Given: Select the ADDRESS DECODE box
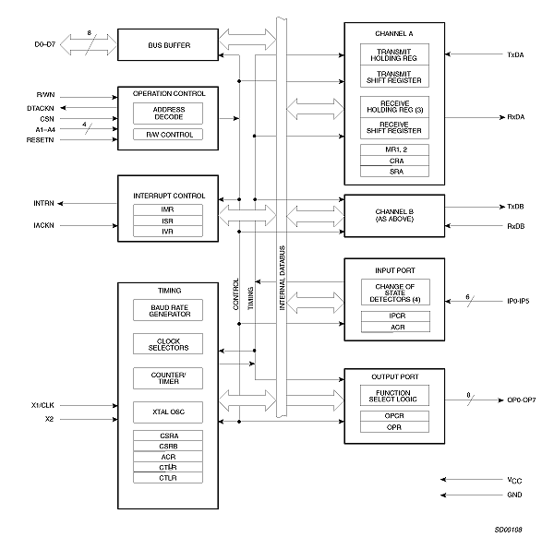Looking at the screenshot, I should pos(169,113).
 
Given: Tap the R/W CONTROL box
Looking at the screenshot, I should pos(169,135).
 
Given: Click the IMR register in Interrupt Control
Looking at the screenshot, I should pos(168,209).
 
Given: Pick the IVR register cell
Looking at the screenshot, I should pos(168,231).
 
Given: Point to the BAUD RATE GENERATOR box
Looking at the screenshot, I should pos(168,310).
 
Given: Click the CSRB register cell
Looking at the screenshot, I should pos(168,445).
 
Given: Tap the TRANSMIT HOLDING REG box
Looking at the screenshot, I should pos(394,55).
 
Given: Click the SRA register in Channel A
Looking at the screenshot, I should pos(394,171).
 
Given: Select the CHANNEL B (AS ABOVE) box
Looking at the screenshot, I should pos(394,215).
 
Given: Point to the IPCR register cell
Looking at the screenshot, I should pos(394,316).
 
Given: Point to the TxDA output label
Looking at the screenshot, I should pos(517,55).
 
